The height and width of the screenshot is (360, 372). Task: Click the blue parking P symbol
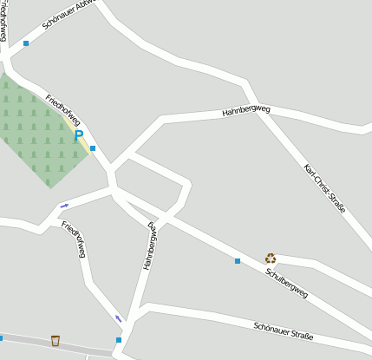click(x=79, y=134)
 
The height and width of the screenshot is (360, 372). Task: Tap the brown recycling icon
click(x=271, y=258)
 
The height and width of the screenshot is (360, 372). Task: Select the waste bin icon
click(x=55, y=340)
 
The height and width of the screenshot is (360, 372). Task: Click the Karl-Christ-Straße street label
click(x=325, y=188)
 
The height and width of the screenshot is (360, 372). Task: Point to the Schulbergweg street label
click(x=286, y=281)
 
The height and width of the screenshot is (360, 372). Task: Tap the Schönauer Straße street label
click(x=284, y=331)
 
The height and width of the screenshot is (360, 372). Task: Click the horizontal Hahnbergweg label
click(x=246, y=111)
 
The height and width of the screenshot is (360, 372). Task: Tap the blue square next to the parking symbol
click(x=93, y=148)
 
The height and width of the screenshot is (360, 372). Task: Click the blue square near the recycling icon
click(x=237, y=260)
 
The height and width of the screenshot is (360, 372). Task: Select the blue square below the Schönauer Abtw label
click(x=26, y=43)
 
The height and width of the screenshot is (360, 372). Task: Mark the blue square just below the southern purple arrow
click(x=119, y=339)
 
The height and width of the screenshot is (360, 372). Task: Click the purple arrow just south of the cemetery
click(x=64, y=206)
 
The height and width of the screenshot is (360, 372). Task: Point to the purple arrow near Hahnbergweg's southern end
click(x=119, y=318)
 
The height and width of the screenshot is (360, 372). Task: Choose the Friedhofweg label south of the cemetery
click(x=74, y=239)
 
